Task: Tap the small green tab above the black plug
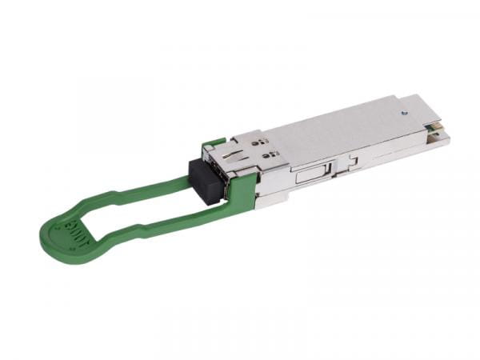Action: [x=213, y=143]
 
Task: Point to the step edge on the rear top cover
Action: [x=392, y=120]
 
